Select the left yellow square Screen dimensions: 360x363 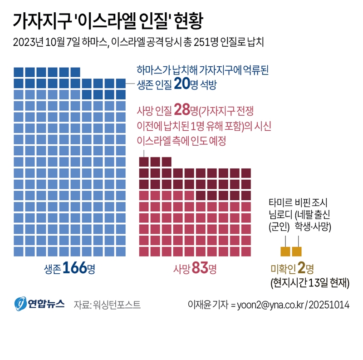coord(285,251)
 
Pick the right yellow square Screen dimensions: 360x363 coord(297,251)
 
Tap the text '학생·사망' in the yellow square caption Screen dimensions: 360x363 coord(314,226)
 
